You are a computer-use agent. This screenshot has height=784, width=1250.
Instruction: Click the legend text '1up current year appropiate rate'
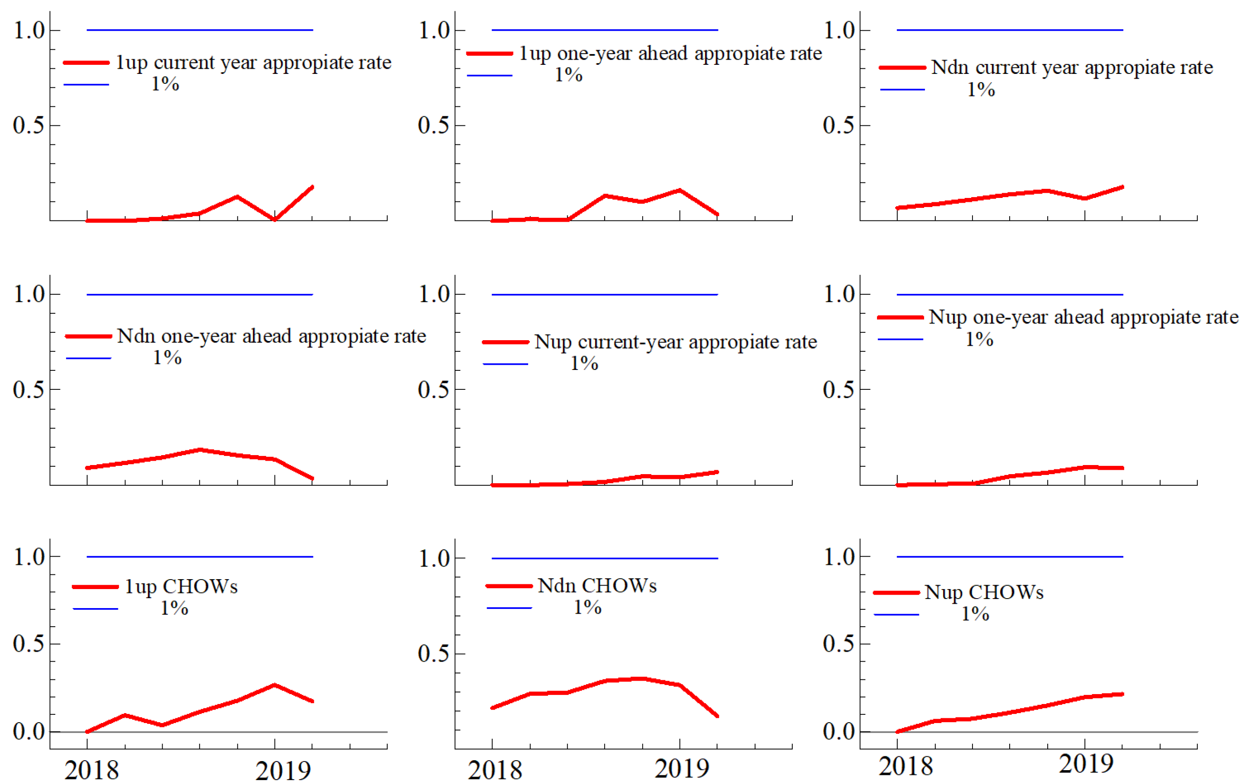click(253, 63)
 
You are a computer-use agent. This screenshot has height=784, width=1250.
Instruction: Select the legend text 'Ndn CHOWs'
click(597, 586)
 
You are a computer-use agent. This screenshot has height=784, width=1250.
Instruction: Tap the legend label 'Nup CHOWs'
click(983, 592)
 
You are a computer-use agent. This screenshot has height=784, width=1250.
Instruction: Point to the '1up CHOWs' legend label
click(181, 587)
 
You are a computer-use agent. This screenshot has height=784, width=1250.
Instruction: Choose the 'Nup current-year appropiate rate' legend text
click(675, 342)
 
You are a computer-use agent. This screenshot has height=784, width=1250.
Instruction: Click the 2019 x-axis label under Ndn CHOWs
click(681, 768)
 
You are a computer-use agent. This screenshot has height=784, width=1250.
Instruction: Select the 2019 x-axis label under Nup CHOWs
click(1085, 764)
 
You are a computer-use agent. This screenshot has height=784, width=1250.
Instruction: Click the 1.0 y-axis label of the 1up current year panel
click(29, 31)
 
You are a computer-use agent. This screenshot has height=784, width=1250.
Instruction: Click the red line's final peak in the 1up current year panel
click(312, 187)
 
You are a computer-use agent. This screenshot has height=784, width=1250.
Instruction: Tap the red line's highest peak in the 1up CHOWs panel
click(274, 685)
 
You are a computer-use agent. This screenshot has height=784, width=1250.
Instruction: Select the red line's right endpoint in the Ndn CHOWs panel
click(717, 716)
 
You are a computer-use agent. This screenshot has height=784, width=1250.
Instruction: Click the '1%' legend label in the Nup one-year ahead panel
click(979, 340)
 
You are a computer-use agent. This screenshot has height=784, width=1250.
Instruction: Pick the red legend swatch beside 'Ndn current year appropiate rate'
click(902, 68)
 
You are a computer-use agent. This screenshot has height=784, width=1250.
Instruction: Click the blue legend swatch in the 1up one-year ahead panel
click(489, 76)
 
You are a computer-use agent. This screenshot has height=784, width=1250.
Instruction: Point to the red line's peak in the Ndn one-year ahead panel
click(200, 450)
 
